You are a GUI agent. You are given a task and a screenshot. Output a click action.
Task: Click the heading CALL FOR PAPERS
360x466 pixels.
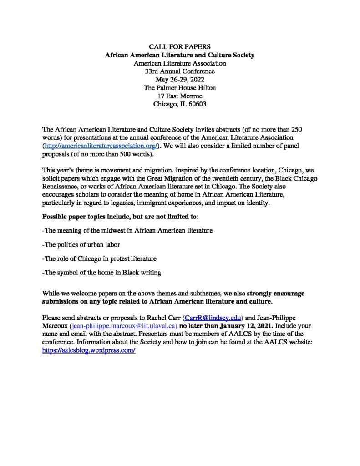point(180,47)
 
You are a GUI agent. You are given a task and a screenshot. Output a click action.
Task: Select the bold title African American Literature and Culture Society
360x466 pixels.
point(180,55)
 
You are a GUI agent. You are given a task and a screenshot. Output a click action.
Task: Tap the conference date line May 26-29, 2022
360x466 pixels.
point(180,80)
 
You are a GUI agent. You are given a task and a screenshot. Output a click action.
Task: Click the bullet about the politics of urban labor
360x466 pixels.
point(82,244)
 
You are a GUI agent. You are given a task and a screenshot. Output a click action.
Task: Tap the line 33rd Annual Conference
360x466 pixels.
point(180,71)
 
